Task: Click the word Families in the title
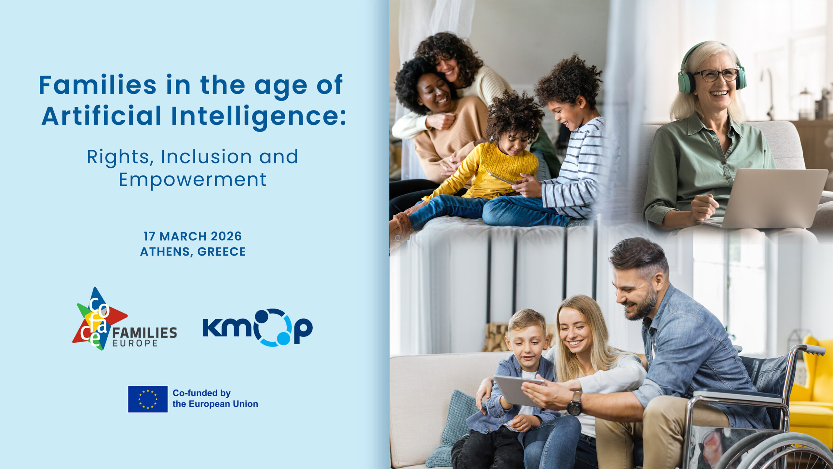pyautogui.click(x=98, y=85)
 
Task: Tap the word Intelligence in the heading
pyautogui.click(x=258, y=116)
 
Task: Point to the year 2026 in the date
pyautogui.click(x=226, y=236)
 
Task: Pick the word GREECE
pyautogui.click(x=222, y=252)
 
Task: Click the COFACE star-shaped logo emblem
pyautogui.click(x=100, y=319)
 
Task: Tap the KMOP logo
pyautogui.click(x=257, y=327)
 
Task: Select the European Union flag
pyautogui.click(x=148, y=399)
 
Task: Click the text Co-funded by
pyautogui.click(x=201, y=393)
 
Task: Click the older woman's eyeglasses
pyautogui.click(x=716, y=75)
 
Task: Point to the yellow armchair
pyautogui.click(x=812, y=391)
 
